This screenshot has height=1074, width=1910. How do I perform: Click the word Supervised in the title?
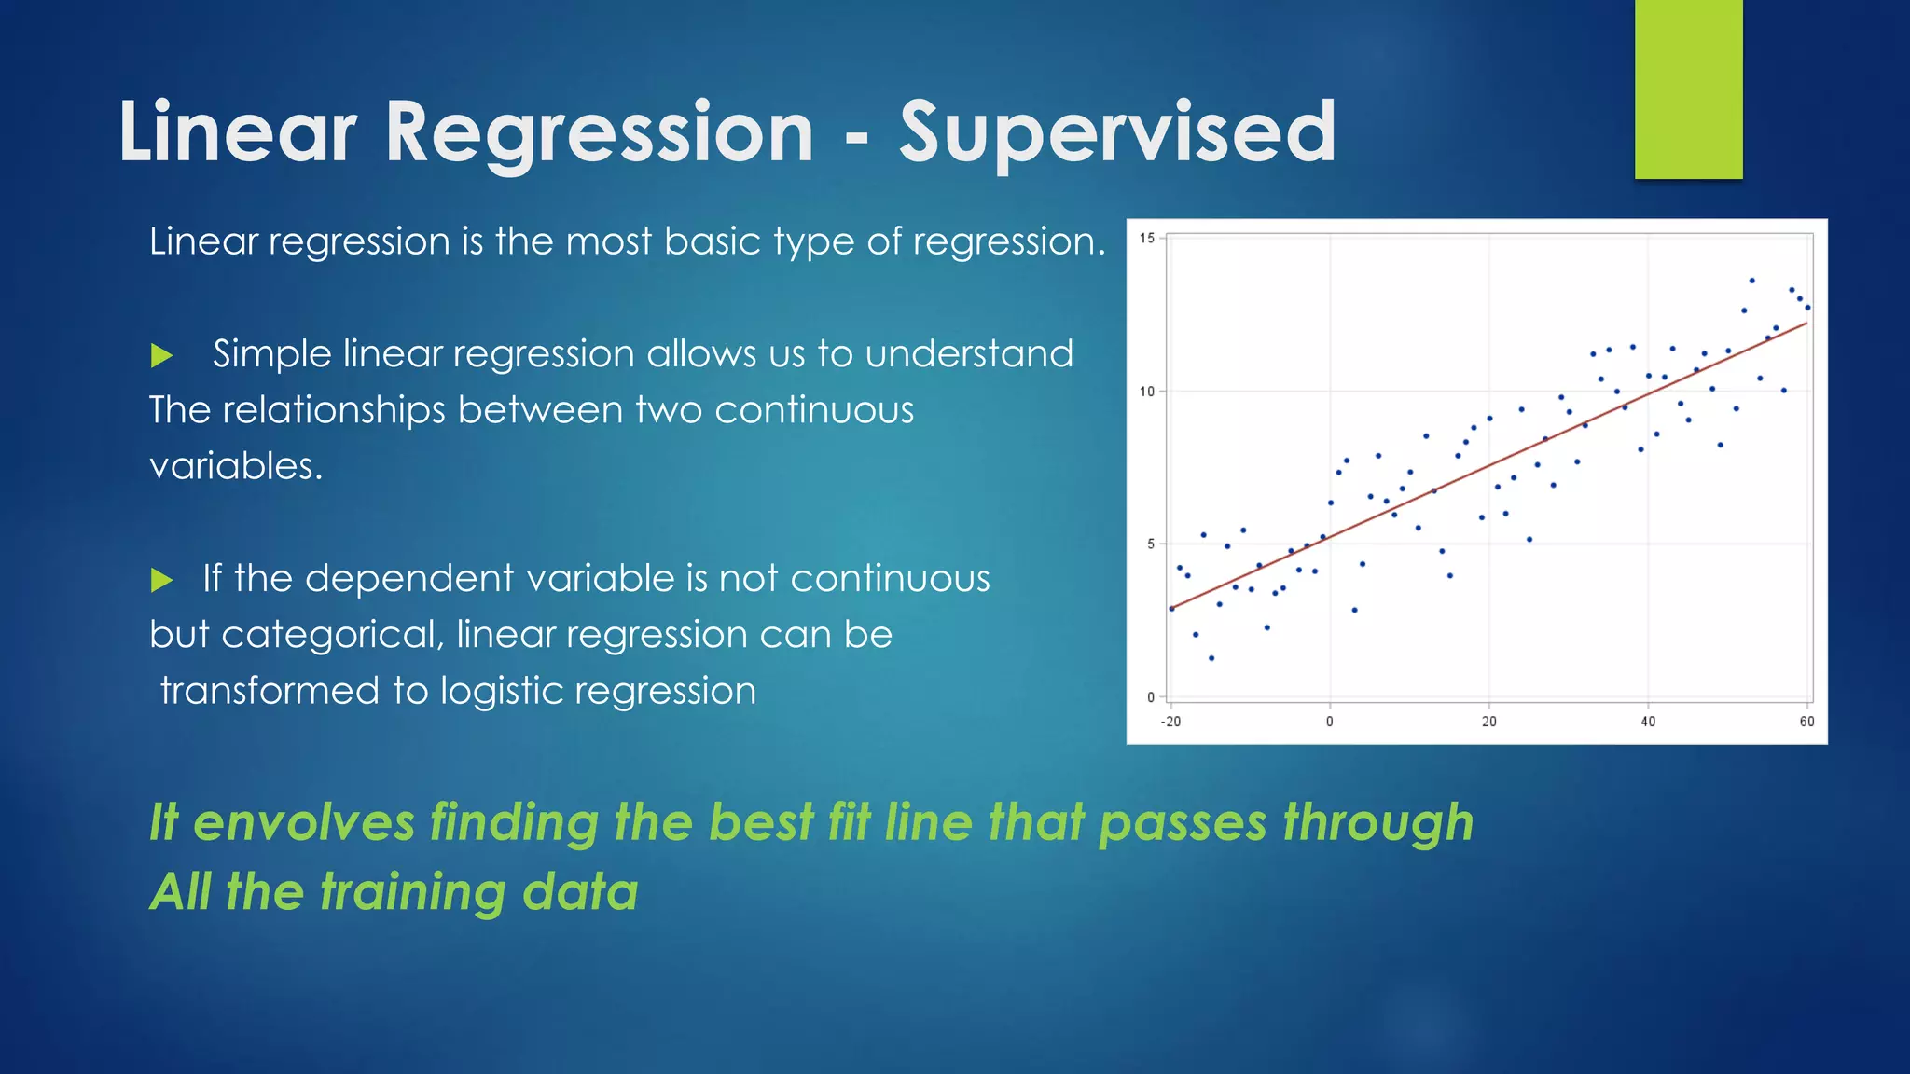pyautogui.click(x=1117, y=132)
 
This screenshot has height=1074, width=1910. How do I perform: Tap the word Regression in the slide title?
pyautogui.click(x=599, y=132)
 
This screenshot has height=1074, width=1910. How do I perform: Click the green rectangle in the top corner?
pyautogui.click(x=1688, y=89)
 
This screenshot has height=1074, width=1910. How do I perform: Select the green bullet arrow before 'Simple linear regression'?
pyautogui.click(x=162, y=355)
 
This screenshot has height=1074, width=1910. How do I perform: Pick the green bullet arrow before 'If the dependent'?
pyautogui.click(x=162, y=581)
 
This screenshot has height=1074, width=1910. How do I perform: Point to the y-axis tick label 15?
pyautogui.click(x=1146, y=239)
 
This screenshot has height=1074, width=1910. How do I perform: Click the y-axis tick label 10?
pyautogui.click(x=1146, y=392)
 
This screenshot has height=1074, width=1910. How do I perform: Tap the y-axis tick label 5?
pyautogui.click(x=1151, y=544)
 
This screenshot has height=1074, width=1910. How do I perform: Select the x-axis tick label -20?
pyautogui.click(x=1170, y=722)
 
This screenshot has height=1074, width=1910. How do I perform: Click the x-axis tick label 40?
pyautogui.click(x=1648, y=722)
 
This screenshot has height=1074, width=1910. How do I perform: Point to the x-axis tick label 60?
pyautogui.click(x=1806, y=722)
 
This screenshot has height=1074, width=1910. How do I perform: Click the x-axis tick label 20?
pyautogui.click(x=1489, y=722)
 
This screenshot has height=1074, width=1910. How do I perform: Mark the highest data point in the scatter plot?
pyautogui.click(x=1751, y=281)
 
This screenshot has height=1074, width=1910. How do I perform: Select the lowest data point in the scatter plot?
pyautogui.click(x=1211, y=658)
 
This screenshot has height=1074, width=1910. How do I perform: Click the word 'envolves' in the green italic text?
pyautogui.click(x=303, y=823)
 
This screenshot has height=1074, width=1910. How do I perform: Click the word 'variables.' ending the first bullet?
pyautogui.click(x=236, y=466)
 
